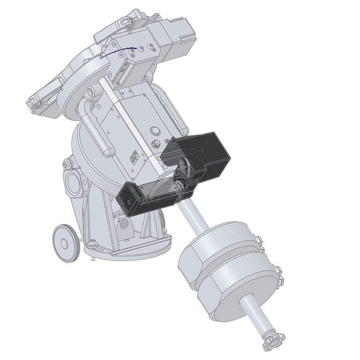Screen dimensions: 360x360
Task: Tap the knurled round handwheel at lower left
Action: point(66,242)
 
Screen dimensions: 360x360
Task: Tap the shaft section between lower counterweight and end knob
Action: point(255,319)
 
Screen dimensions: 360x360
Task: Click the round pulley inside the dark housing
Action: point(182,165)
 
